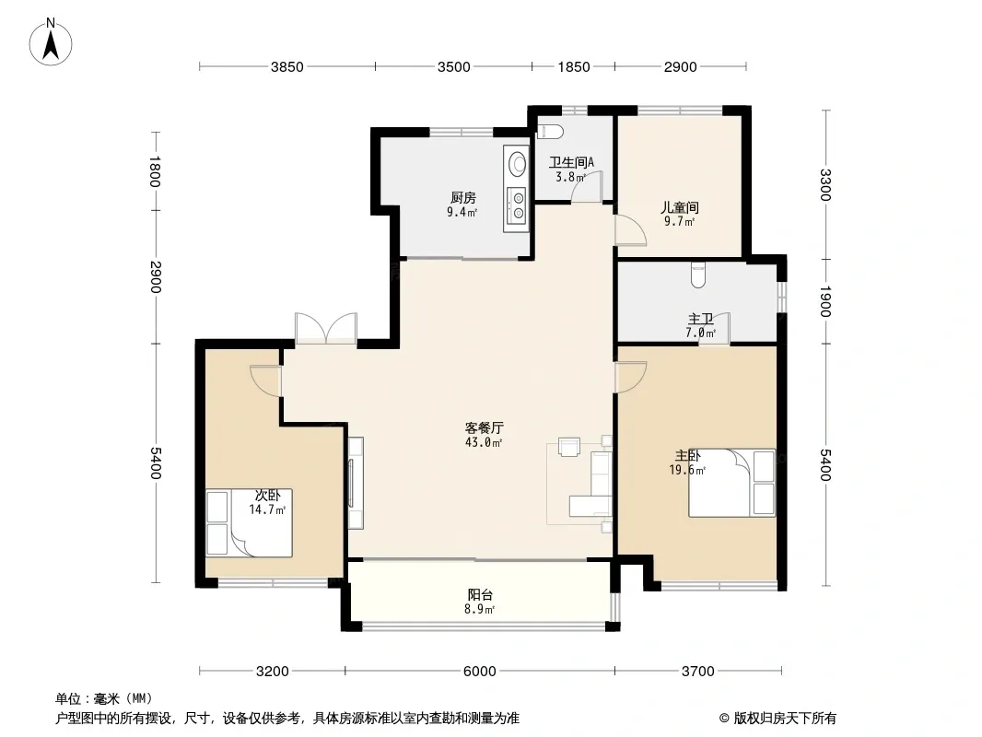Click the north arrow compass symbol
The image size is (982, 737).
(x=51, y=42)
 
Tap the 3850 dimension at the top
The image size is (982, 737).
(x=286, y=67)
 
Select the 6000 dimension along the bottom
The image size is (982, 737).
(x=479, y=672)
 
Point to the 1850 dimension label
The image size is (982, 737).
(x=574, y=67)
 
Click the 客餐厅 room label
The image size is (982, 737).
(x=485, y=428)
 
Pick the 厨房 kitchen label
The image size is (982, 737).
(x=463, y=198)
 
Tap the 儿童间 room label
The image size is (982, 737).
(x=680, y=207)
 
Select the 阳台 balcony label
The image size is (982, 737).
(x=480, y=595)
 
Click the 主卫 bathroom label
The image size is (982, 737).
(x=701, y=320)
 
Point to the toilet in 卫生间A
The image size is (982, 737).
(x=551, y=132)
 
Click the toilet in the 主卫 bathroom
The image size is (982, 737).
(x=698, y=275)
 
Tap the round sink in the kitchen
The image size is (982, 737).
(x=518, y=163)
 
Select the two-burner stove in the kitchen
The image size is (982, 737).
(x=518, y=206)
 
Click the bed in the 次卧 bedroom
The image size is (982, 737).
(x=250, y=523)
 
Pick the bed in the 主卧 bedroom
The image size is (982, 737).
(x=731, y=483)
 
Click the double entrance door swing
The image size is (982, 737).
(x=326, y=327)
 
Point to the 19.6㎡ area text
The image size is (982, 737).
(x=687, y=470)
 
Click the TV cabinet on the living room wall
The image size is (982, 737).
(x=355, y=483)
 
